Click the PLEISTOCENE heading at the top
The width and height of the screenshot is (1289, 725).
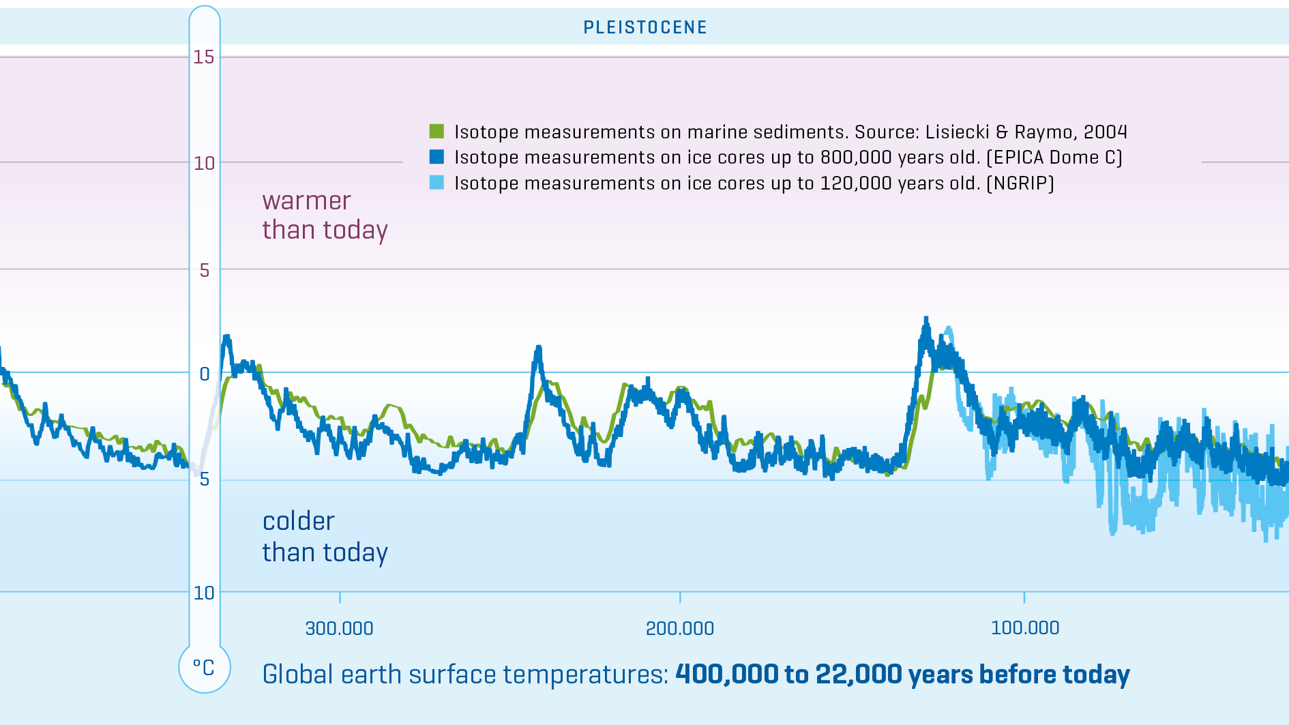645,27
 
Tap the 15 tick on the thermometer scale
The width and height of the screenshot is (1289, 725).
204,57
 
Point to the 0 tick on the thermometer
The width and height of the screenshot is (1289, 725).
204,374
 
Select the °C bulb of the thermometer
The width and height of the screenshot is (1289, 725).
204,667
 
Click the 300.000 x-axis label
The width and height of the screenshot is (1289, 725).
339,628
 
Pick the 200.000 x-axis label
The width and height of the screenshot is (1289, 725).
680,628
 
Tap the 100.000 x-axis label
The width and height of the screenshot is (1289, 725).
1025,627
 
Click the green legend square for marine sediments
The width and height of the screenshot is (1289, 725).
436,131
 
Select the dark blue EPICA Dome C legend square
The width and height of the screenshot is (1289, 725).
436,157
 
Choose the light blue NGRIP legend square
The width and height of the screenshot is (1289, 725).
436,183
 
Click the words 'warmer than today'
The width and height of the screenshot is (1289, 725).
325,216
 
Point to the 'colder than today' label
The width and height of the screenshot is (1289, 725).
325,537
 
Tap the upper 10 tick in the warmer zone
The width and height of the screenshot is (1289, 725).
204,163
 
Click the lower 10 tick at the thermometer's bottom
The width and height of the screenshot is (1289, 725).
204,593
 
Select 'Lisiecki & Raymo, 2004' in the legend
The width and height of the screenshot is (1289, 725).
1026,132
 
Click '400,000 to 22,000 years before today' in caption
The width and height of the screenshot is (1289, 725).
902,675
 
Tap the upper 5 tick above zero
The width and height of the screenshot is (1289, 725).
204,270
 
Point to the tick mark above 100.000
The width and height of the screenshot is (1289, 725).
1024,597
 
